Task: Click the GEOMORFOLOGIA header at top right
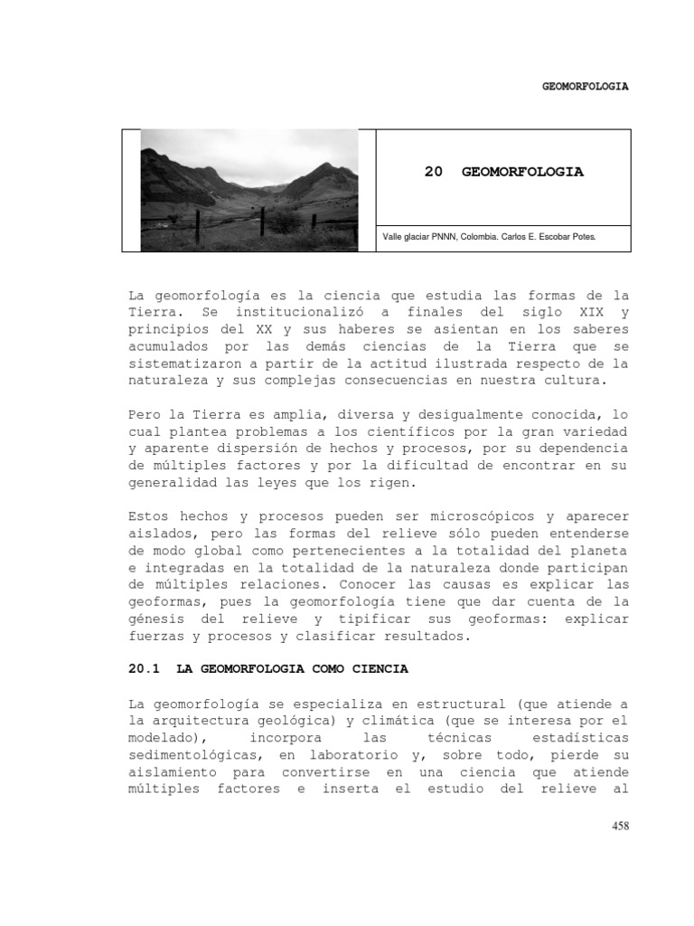[x=585, y=87]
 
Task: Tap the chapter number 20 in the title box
[x=434, y=172]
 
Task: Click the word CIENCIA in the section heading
[x=377, y=669]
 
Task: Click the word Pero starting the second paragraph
[x=145, y=415]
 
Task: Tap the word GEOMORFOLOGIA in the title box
[x=522, y=172]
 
